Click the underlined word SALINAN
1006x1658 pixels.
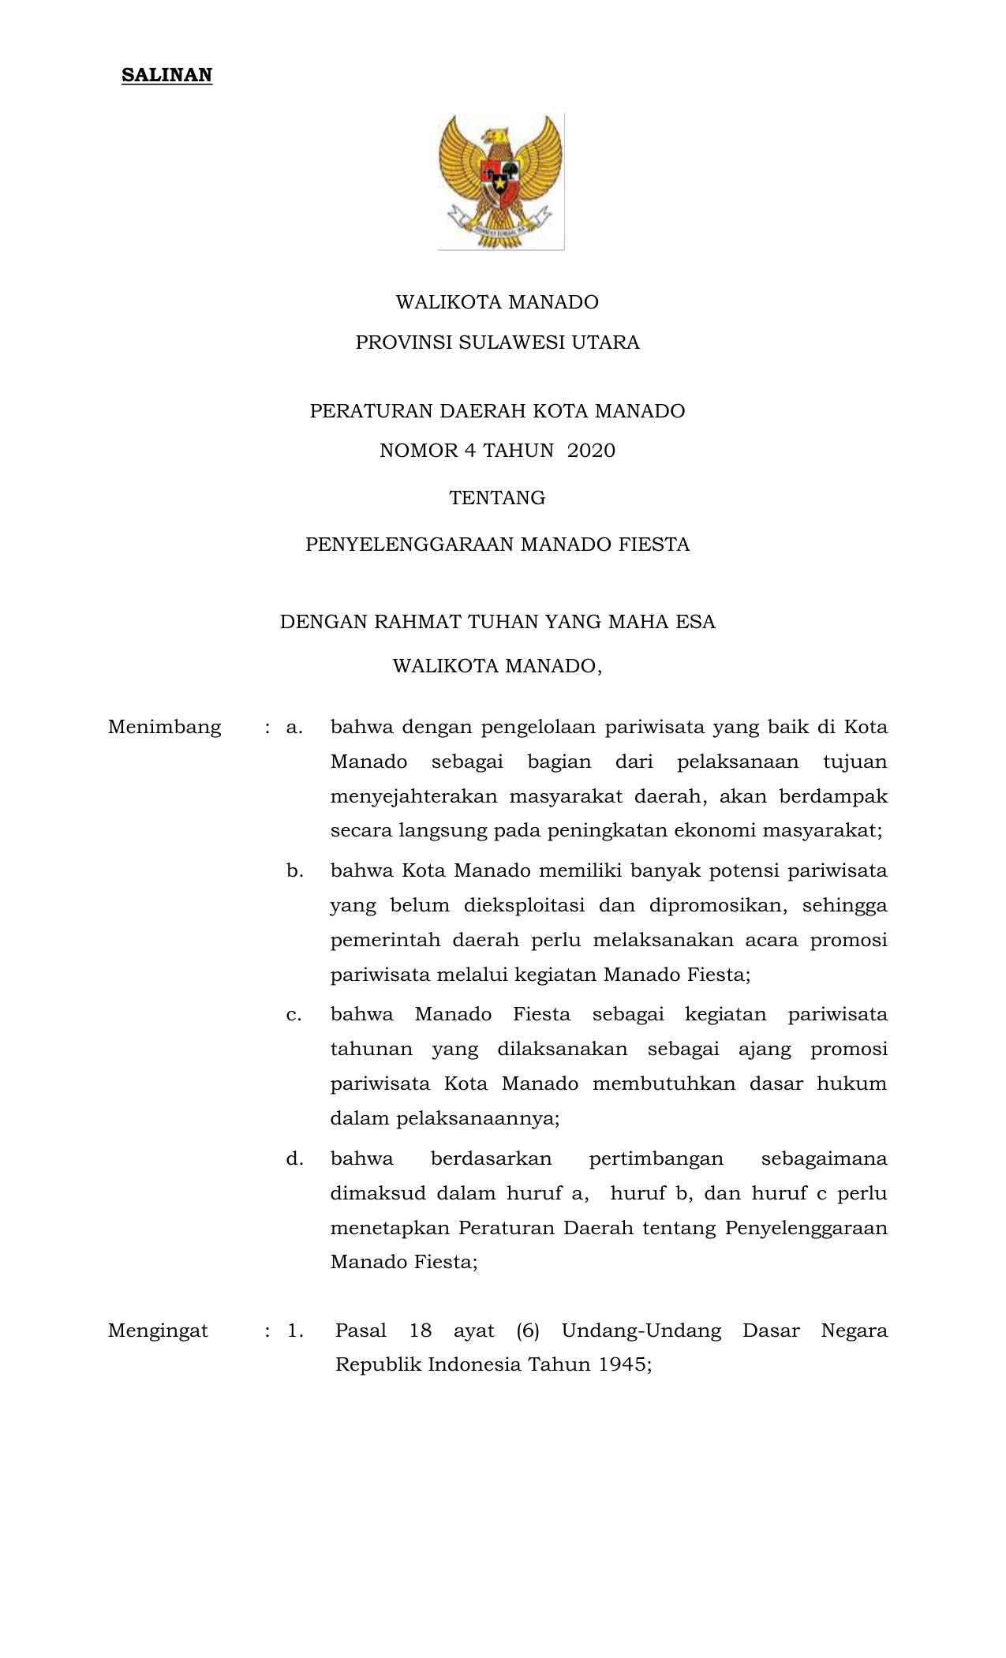(166, 76)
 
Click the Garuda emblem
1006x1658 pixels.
(501, 182)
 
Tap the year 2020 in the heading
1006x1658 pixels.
(591, 451)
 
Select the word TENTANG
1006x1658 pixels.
(497, 498)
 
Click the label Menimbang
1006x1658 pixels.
(164, 727)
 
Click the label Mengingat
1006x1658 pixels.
(158, 1331)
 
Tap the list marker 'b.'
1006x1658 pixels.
(295, 871)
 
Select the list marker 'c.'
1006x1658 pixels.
(294, 1015)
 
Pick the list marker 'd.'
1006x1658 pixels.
(295, 1159)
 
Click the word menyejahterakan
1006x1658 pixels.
(413, 796)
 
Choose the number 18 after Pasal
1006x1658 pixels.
(421, 1331)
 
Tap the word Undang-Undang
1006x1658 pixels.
(641, 1331)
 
